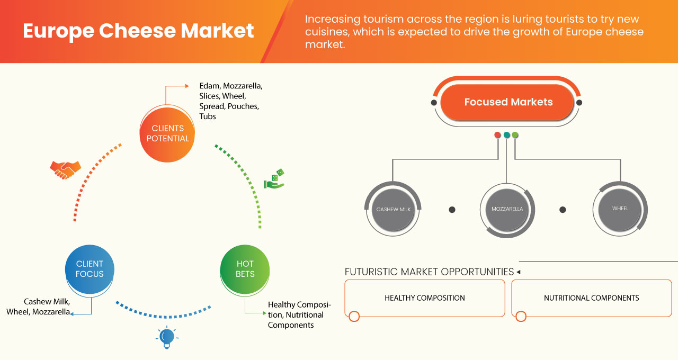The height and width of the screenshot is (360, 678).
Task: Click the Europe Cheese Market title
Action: (138, 31)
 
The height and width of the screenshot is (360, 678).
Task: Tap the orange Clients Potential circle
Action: (167, 133)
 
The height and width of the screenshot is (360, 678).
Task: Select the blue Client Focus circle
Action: (90, 269)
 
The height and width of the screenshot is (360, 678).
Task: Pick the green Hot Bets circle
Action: (245, 269)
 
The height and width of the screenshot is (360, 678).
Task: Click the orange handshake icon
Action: (65, 169)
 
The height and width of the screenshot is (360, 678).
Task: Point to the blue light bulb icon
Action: (167, 337)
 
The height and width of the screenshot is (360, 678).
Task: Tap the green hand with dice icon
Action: (274, 179)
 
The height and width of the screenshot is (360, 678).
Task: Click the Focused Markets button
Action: (508, 102)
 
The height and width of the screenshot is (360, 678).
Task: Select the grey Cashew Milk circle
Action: (394, 209)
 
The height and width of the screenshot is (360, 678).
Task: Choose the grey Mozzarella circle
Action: (507, 209)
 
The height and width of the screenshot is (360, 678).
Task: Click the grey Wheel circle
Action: (620, 209)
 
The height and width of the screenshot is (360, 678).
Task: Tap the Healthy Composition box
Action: (424, 298)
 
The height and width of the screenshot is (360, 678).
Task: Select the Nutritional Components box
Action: (591, 298)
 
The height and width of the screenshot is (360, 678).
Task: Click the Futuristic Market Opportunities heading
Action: (429, 272)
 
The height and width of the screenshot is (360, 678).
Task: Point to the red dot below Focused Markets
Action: (497, 135)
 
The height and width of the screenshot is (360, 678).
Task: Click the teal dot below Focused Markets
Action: (506, 135)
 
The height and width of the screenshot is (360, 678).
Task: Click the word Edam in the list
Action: (209, 85)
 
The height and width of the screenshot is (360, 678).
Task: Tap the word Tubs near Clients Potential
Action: (208, 116)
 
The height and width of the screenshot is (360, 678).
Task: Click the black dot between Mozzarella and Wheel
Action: (563, 210)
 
